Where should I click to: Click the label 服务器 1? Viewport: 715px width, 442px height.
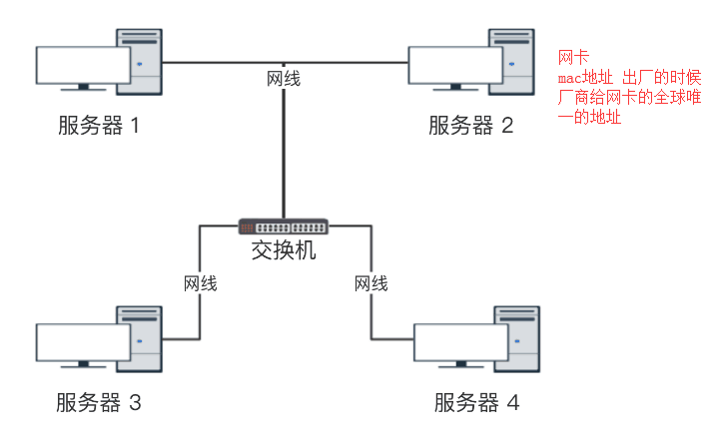point(99,127)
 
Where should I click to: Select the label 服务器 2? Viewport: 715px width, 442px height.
point(471,126)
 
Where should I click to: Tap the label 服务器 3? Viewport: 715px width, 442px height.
point(99,403)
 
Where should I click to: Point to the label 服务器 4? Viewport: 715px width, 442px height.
point(476,403)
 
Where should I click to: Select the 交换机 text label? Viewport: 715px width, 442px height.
point(284,249)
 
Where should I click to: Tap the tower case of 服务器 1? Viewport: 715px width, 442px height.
point(140,62)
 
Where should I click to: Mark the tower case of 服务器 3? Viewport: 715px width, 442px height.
point(141,339)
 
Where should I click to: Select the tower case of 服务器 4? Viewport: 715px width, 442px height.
point(516,339)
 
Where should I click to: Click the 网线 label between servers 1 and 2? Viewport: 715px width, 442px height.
point(284,78)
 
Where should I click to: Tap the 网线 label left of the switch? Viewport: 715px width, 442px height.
point(201,283)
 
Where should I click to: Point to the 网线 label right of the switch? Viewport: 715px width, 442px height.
point(371,283)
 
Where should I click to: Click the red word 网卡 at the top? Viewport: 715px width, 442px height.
point(572,57)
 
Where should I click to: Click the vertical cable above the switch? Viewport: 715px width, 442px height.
point(285,150)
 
